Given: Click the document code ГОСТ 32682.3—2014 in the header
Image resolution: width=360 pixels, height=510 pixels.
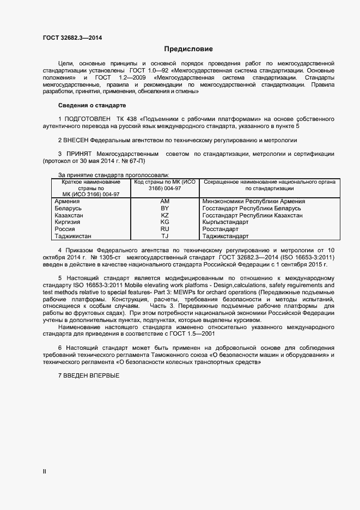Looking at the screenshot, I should click(72, 38).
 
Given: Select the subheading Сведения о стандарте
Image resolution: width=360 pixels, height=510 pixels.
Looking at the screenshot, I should click(92, 105).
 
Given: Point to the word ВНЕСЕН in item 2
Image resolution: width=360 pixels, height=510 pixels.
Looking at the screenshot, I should click(77, 140).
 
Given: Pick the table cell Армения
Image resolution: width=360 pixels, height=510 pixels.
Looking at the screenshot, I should click(68, 201).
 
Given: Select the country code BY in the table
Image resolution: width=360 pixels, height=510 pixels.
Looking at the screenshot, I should click(165, 208).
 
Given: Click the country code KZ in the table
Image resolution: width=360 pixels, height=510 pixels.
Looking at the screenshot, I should click(165, 215).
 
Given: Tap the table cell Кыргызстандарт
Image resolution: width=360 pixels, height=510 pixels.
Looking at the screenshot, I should click(225, 222).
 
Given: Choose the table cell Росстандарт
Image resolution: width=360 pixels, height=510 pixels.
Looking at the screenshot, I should click(220, 229).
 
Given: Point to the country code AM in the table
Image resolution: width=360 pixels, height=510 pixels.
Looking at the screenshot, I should click(165, 201).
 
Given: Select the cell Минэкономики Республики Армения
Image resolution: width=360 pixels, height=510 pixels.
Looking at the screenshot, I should click(253, 201).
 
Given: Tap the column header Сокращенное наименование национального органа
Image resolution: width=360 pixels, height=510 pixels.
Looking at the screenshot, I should click(269, 184).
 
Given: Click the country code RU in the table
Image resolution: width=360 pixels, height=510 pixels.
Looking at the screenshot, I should click(165, 229).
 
